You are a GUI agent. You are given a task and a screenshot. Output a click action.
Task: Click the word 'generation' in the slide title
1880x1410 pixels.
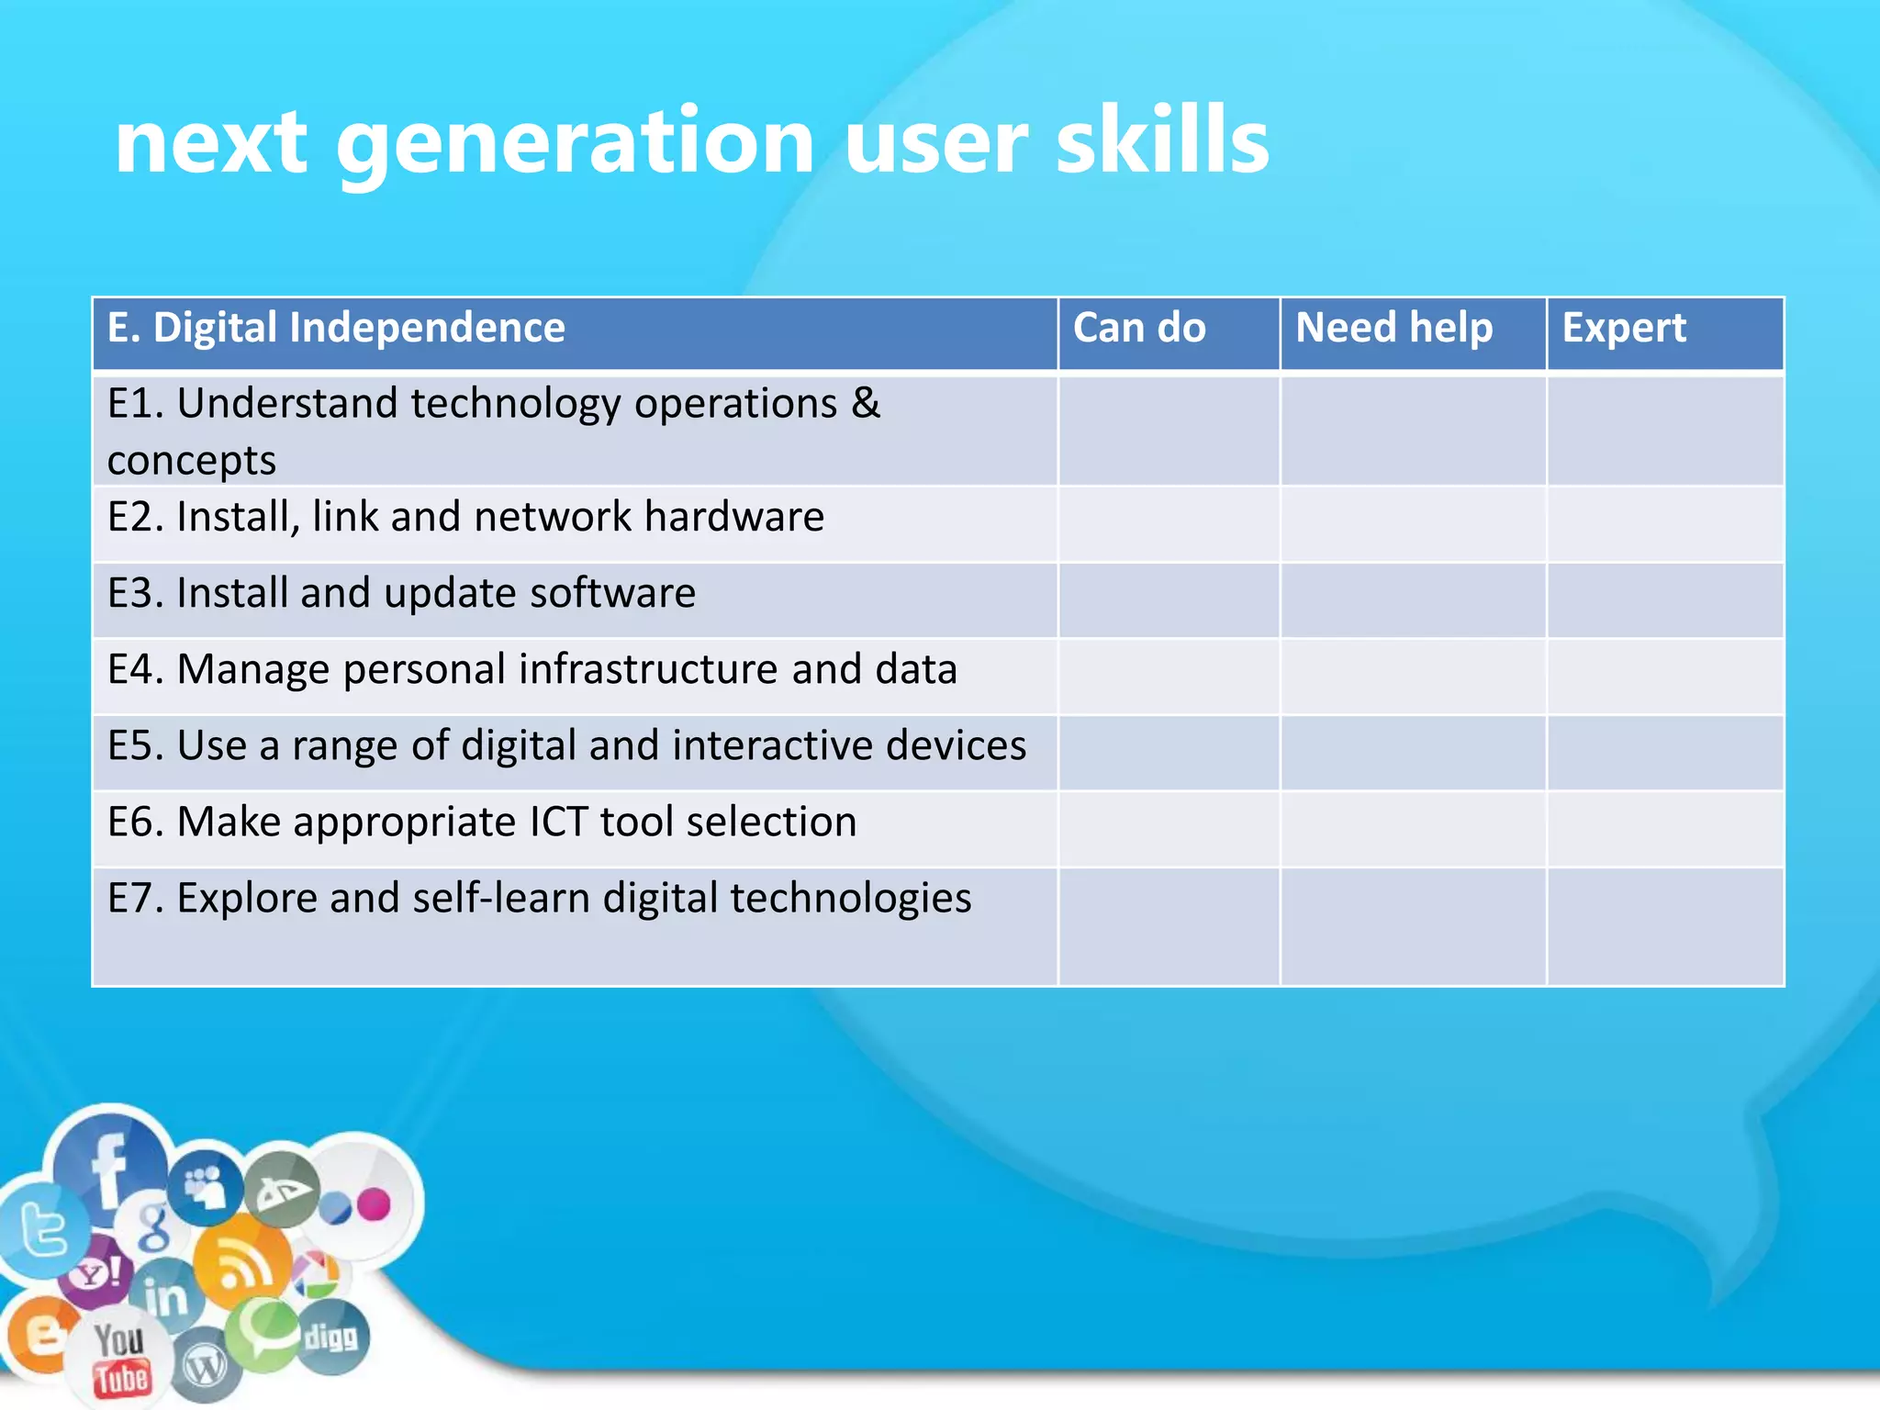click(x=575, y=142)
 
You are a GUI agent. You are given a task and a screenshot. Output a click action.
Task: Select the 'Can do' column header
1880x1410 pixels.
click(x=1139, y=328)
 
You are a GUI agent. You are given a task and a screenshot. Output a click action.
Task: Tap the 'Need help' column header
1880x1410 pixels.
click(x=1393, y=328)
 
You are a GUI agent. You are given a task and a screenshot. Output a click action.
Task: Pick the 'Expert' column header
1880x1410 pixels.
click(x=1624, y=328)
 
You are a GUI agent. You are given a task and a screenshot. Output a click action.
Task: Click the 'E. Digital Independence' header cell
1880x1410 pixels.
click(x=336, y=328)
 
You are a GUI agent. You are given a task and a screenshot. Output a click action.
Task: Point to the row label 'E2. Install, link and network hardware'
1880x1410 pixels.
click(x=465, y=517)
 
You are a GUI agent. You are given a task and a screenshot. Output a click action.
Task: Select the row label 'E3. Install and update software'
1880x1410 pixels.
click(x=401, y=593)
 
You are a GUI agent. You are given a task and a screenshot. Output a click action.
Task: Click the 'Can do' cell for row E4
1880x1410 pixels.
click(x=1169, y=677)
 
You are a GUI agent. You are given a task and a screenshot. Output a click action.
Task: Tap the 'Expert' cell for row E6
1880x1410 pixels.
click(x=1664, y=829)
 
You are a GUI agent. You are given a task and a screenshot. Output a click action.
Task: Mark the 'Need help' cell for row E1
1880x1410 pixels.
click(x=1413, y=430)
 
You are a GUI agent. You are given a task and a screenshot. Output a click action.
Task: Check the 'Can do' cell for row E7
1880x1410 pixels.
click(x=1169, y=926)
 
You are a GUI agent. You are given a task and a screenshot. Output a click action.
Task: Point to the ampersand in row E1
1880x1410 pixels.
click(x=866, y=404)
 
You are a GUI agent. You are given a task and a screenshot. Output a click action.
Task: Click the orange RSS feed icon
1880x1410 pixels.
click(x=241, y=1265)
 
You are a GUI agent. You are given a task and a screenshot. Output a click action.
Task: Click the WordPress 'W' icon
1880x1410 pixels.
click(x=204, y=1369)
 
